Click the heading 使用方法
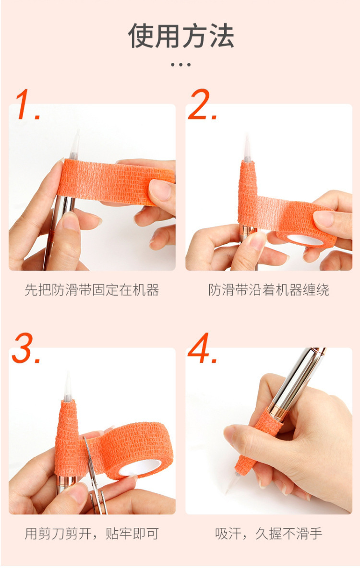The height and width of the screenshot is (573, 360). pyautogui.click(x=181, y=36)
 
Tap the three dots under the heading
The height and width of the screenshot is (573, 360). pyautogui.click(x=180, y=65)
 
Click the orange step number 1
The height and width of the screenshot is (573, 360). pyautogui.click(x=28, y=105)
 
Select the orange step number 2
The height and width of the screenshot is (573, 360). pyautogui.click(x=203, y=105)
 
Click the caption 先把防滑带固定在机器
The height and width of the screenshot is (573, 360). pyautogui.click(x=92, y=290)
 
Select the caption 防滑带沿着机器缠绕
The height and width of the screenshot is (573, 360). pyautogui.click(x=269, y=290)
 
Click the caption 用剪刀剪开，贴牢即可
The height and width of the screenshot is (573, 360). pyautogui.click(x=92, y=534)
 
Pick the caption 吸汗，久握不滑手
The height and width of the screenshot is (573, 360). pyautogui.click(x=269, y=534)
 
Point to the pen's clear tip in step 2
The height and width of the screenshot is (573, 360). pyautogui.click(x=247, y=149)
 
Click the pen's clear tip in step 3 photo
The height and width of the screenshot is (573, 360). pyautogui.click(x=68, y=386)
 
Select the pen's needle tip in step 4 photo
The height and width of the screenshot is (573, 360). pyautogui.click(x=232, y=483)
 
